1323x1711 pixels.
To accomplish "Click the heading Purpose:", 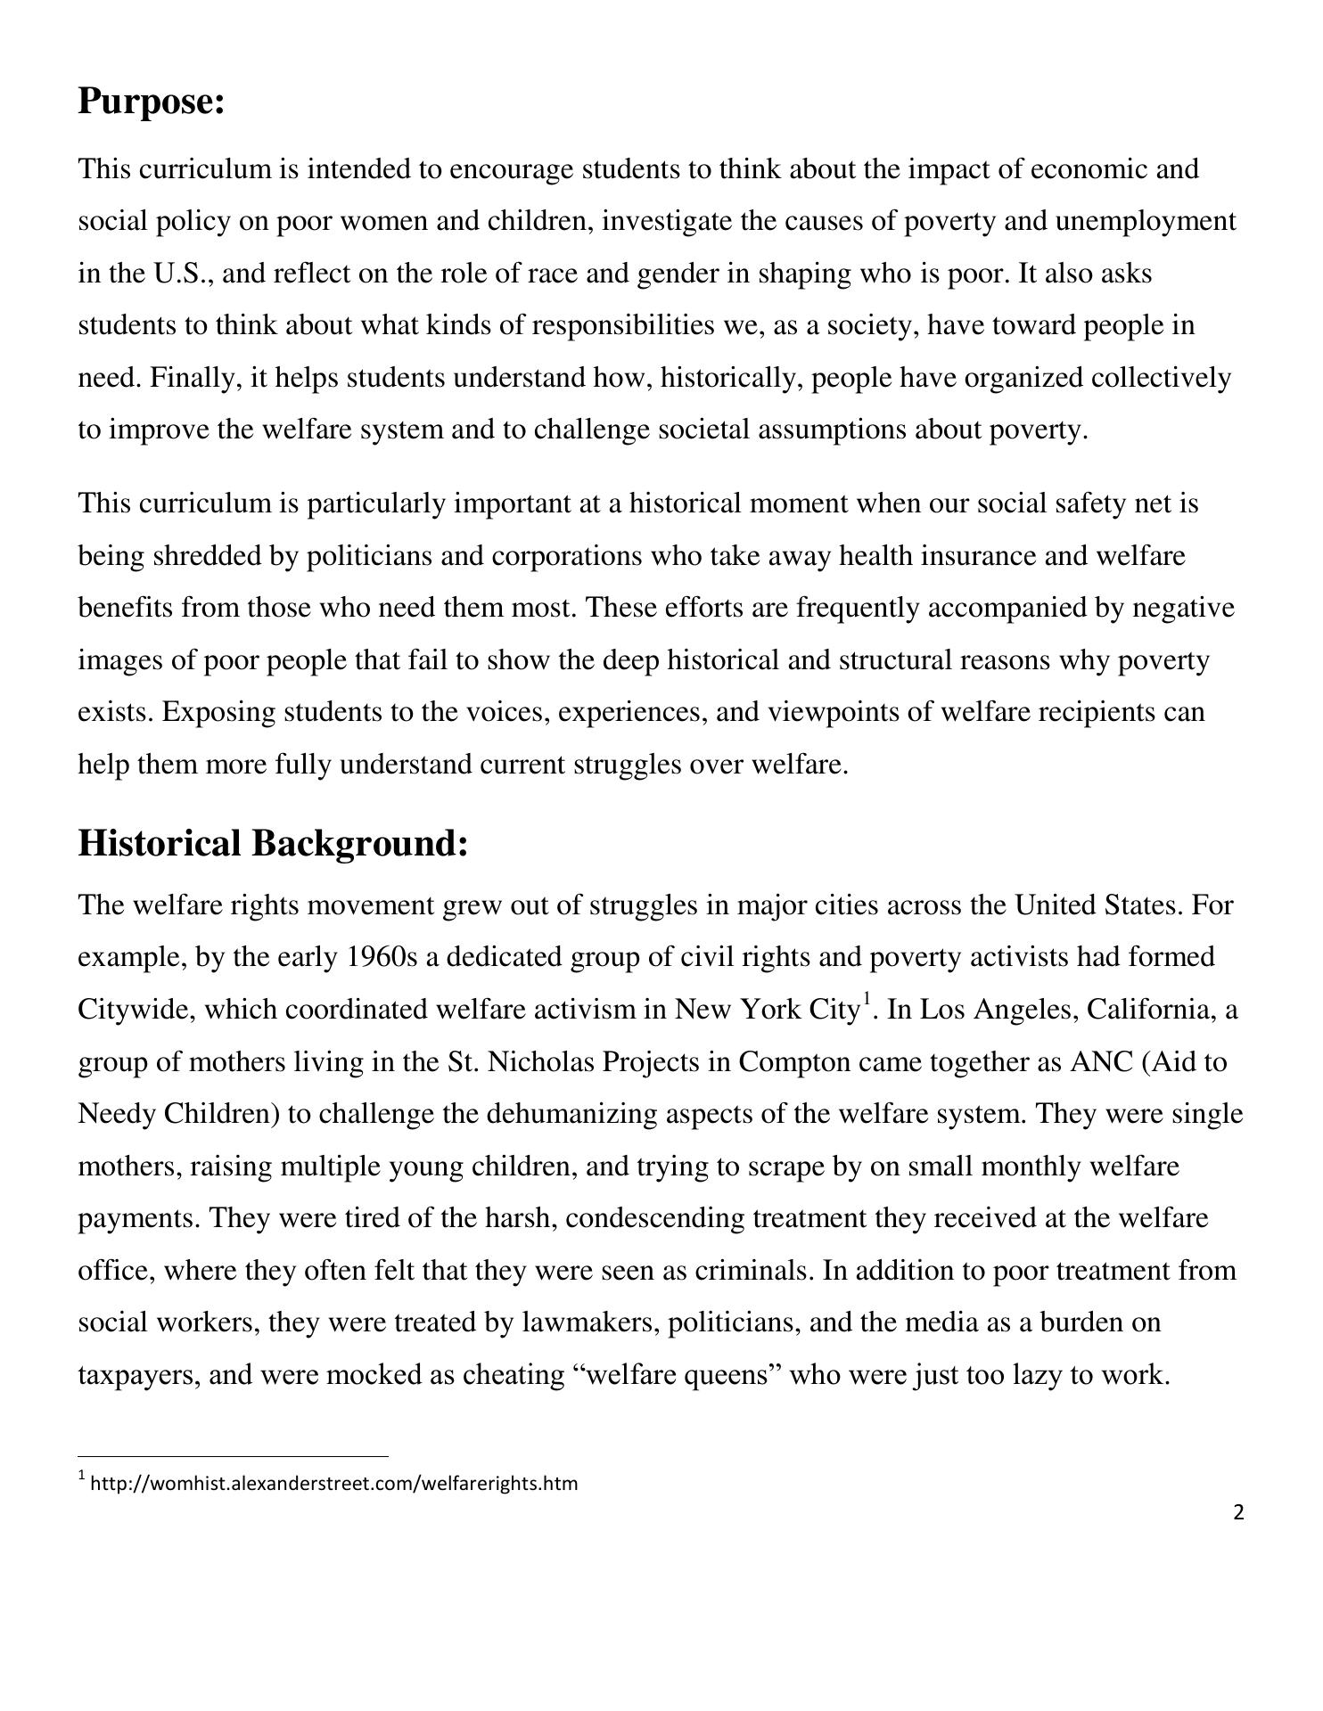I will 151,102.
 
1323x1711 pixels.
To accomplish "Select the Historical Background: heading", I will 273,843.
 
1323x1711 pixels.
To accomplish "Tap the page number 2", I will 1238,1512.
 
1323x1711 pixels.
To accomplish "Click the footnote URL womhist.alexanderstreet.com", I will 333,1483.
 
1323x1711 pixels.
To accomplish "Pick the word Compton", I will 791,1062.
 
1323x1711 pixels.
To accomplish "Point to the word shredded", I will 207,556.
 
